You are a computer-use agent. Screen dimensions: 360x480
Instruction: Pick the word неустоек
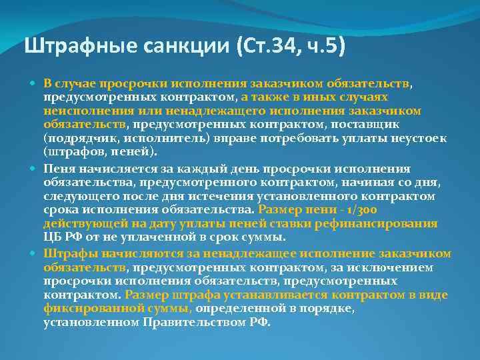click(421, 138)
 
